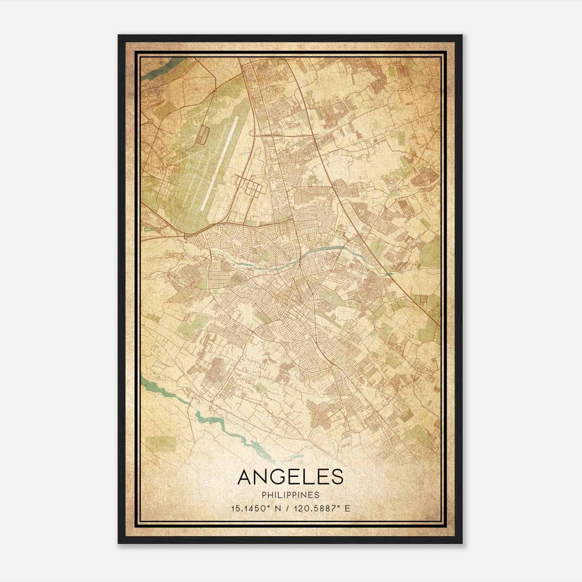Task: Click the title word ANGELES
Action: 290,477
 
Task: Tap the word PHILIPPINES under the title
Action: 290,495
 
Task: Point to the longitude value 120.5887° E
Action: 318,508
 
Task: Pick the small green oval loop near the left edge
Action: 148,229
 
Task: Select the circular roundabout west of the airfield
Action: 150,121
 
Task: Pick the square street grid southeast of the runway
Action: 249,184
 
